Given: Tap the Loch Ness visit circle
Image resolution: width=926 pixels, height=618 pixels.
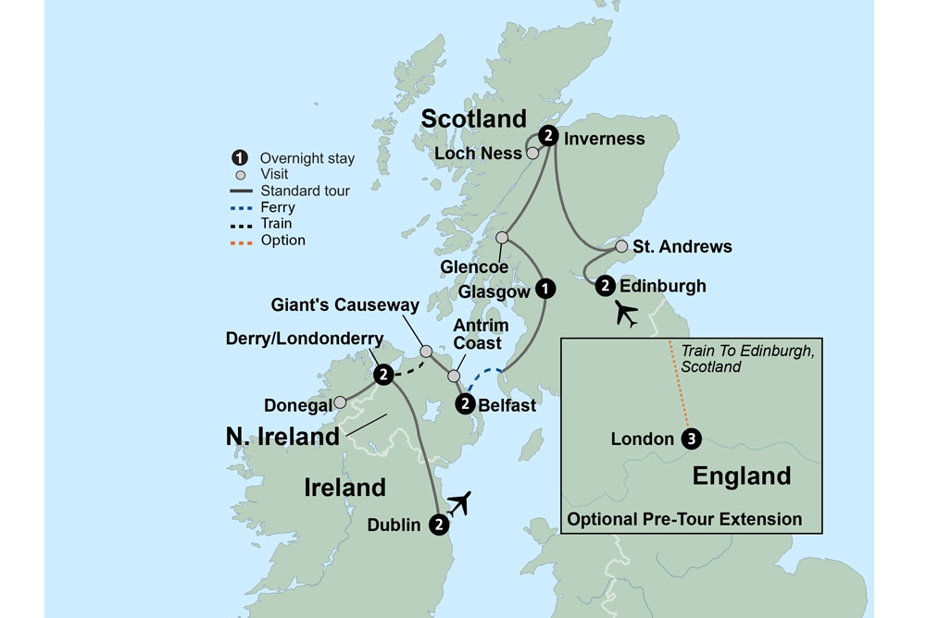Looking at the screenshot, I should coord(532,154).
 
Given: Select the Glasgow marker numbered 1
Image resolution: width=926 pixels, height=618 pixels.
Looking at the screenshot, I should coord(546,289).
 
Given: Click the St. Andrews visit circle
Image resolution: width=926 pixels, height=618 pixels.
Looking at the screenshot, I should coord(621,247).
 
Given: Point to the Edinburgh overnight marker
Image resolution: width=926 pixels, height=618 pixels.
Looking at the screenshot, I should coord(605,286).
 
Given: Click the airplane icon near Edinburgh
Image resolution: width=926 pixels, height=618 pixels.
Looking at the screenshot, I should coord(629,315).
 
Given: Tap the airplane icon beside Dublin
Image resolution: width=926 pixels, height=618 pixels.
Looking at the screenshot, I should coord(458,503).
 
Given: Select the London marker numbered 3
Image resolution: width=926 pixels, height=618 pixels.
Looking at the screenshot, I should coord(690,439).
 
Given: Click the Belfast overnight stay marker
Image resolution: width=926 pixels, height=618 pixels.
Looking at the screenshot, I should coord(465,403).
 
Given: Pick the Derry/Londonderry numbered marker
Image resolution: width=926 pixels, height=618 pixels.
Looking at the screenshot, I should coord(382,375).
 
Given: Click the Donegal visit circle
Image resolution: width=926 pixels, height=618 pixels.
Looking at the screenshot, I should coord(340,402).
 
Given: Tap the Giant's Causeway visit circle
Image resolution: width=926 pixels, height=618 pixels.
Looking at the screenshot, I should coord(426,352).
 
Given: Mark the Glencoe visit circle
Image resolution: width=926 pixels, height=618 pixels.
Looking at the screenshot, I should coord(502,238).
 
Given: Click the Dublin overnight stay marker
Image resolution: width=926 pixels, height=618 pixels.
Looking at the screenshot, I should coord(440,525).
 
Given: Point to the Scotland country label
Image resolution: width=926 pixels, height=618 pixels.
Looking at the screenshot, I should coord(473,118).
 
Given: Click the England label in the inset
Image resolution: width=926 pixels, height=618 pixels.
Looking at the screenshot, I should coord(742,476).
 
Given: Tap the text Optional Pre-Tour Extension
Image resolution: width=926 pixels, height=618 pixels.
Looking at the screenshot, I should coord(684,518).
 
